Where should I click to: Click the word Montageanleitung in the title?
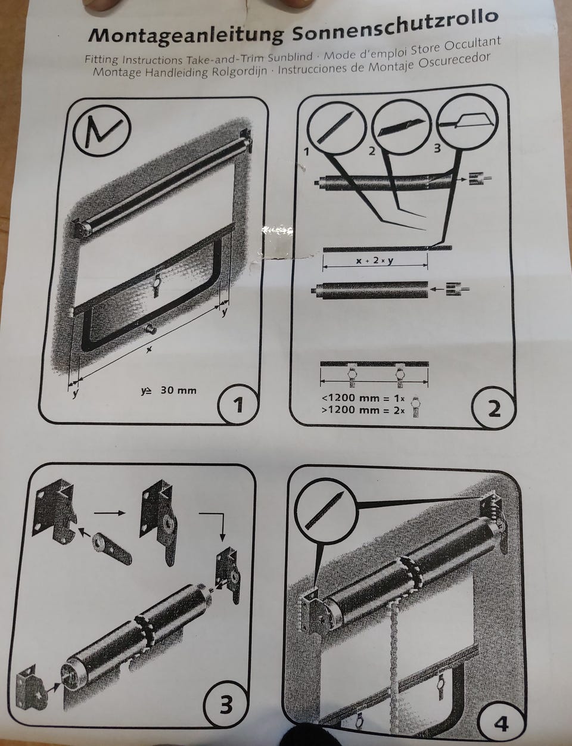[x=186, y=35]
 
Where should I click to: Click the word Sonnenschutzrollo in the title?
[x=394, y=27]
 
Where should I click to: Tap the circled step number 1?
[x=238, y=405]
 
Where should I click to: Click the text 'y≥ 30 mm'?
[x=169, y=390]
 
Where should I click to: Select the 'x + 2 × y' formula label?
[x=374, y=260]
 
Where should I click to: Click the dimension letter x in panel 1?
[x=148, y=350]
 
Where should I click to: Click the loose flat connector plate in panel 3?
[x=111, y=548]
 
